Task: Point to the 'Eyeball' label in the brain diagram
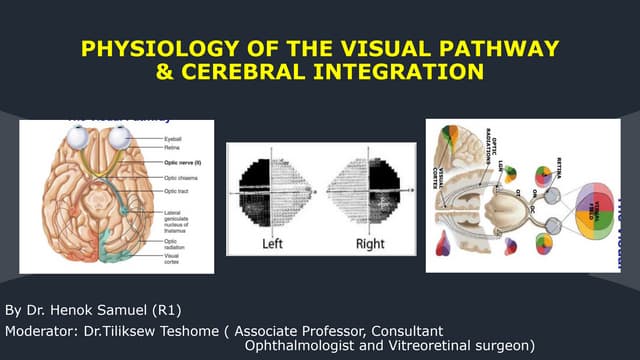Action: (174, 131)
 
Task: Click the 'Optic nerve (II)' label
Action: (183, 158)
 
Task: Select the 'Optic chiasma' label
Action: (182, 177)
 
